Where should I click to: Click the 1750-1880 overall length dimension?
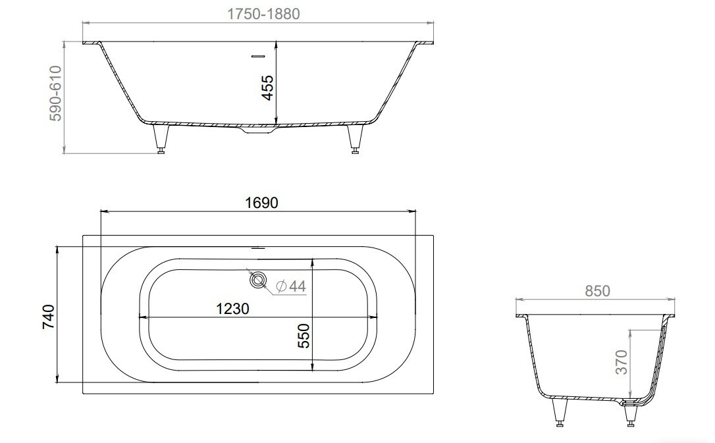point(263,14)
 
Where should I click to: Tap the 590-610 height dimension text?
point(55,93)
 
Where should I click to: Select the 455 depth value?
point(268,88)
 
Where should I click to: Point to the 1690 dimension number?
point(262,202)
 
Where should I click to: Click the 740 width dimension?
point(48,317)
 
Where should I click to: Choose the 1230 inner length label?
point(232,309)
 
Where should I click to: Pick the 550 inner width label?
point(304,336)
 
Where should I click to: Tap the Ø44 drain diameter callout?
point(291,286)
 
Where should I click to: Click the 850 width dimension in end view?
point(597,291)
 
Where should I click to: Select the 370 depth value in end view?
point(622,362)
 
